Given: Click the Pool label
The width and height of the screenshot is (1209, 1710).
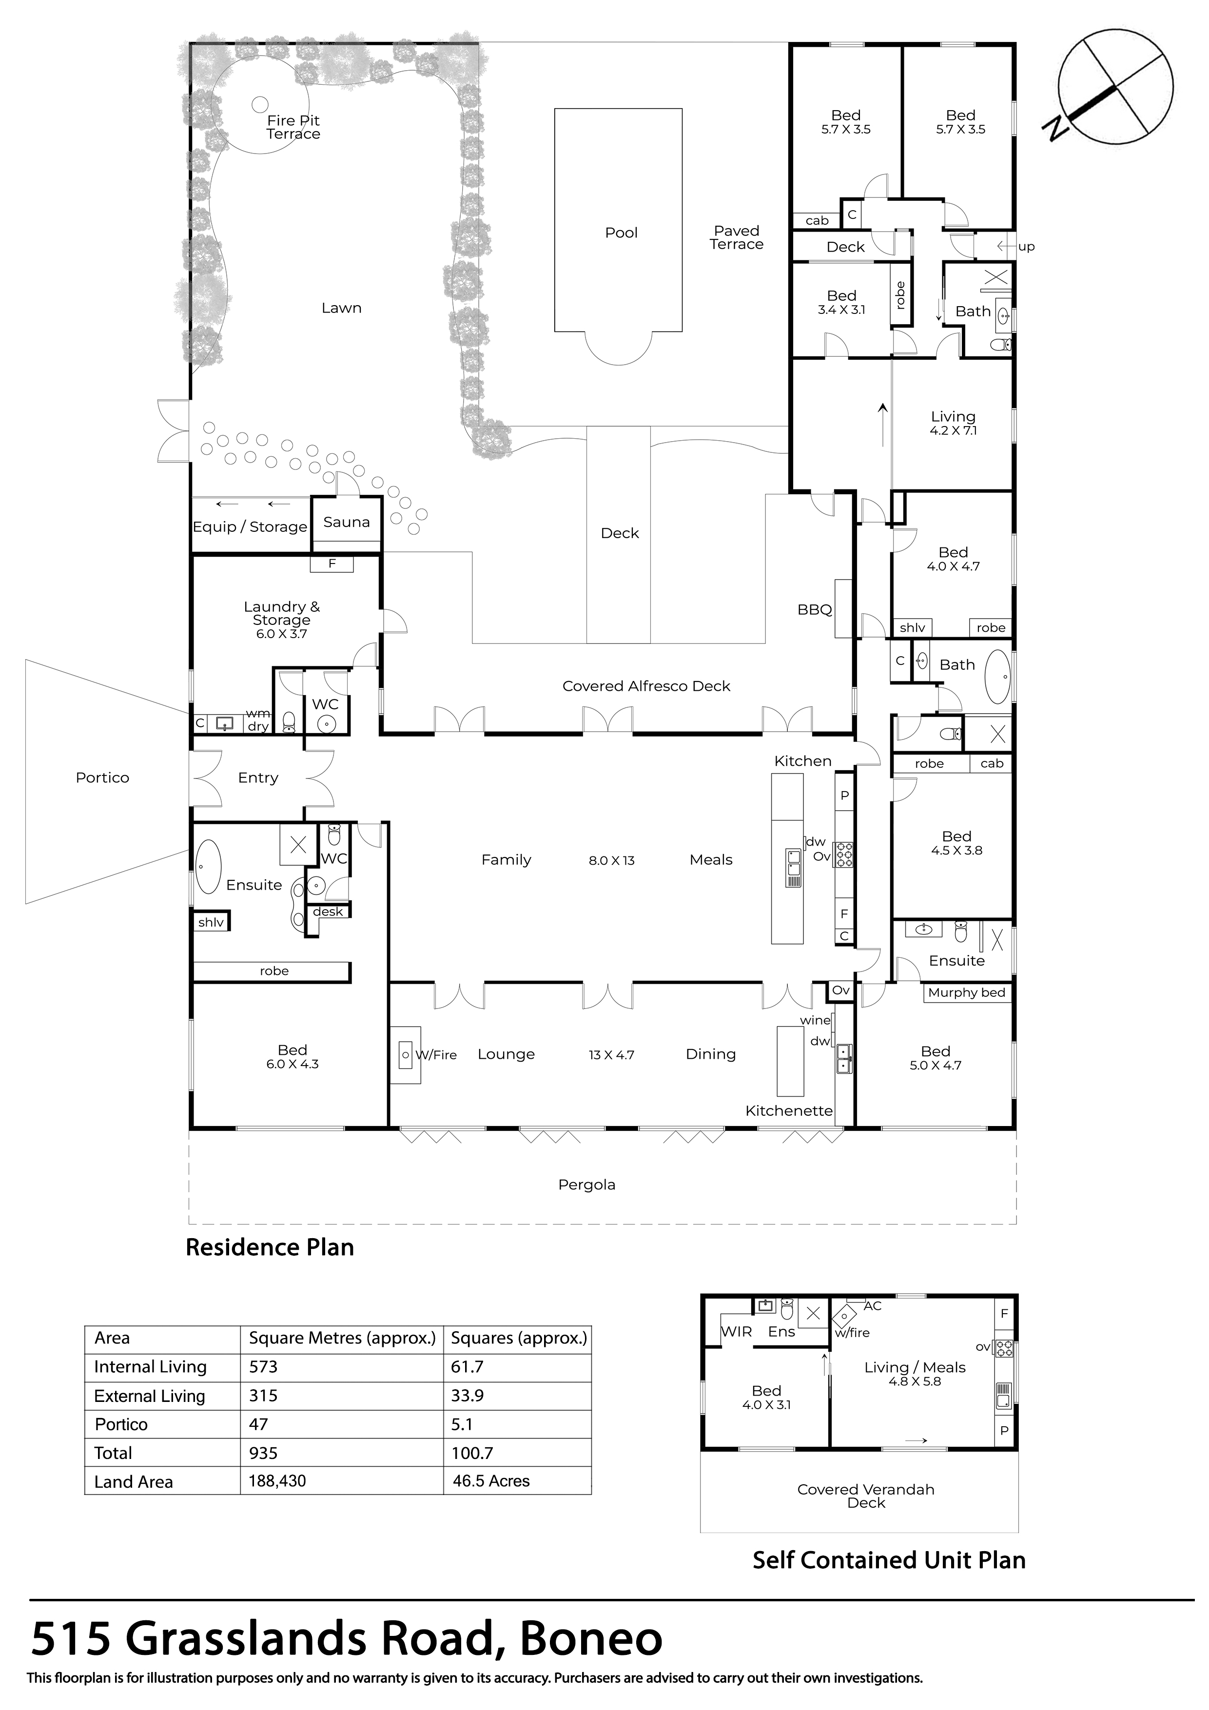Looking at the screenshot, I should click(621, 233).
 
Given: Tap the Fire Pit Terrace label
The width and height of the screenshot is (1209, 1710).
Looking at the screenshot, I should click(293, 127).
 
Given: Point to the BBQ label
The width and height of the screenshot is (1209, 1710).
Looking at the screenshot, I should click(814, 610).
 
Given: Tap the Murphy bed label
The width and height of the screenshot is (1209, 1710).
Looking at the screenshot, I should click(966, 993).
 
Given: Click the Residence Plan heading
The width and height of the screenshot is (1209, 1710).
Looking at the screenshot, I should click(270, 1247).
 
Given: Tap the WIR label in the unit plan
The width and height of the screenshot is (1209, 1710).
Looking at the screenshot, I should click(737, 1332).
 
